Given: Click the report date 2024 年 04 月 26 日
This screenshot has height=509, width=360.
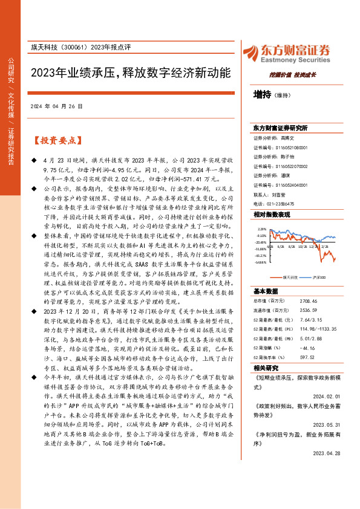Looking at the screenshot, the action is click(56, 106).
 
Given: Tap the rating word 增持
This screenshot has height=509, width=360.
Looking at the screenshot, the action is click(262, 95).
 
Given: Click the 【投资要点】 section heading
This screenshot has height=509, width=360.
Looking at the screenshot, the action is click(56, 141).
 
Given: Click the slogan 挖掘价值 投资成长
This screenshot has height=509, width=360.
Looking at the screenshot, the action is click(293, 74).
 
